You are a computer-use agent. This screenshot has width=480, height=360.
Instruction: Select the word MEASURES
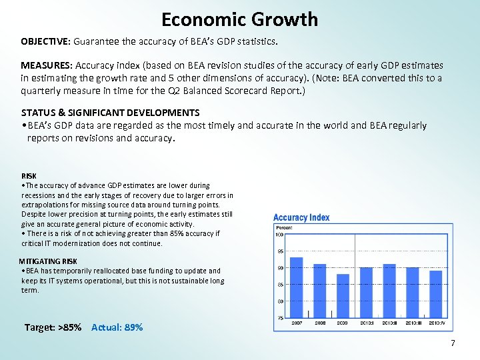tap(46, 65)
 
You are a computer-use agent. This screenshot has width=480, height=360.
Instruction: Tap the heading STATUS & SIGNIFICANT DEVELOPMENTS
tap(110, 113)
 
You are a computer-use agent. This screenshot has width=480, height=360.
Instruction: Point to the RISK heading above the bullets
tap(29, 176)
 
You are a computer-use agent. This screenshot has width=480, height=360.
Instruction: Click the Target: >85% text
tap(53, 327)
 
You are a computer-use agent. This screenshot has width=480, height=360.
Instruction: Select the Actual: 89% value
tap(117, 327)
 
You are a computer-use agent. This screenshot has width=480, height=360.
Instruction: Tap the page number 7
tap(453, 343)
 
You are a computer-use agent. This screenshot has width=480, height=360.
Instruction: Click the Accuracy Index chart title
tap(301, 217)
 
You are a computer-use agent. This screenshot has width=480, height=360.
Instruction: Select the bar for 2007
tap(296, 287)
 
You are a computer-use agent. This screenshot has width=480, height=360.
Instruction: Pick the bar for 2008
tap(320, 291)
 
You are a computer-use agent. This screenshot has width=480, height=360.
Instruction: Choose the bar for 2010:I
tap(366, 292)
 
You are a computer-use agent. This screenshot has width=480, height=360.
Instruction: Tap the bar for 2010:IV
tap(435, 294)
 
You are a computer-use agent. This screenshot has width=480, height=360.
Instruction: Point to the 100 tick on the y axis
tap(280, 234)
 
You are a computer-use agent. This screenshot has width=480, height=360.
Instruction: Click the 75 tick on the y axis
tap(280, 318)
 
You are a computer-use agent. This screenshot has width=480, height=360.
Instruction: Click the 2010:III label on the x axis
tap(413, 323)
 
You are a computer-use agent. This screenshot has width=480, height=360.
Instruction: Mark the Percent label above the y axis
tap(284, 227)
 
